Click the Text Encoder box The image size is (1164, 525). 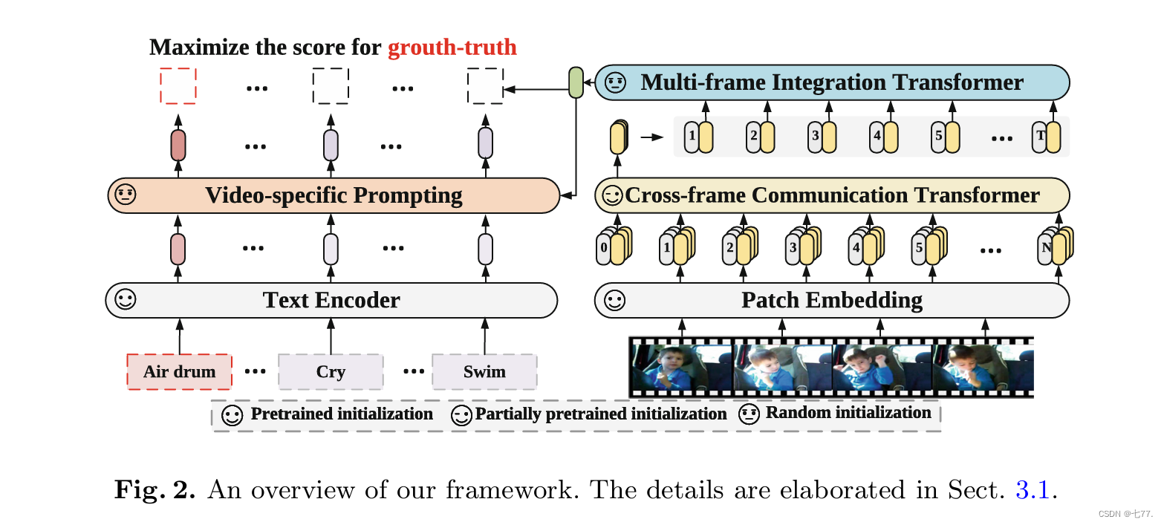pos(331,300)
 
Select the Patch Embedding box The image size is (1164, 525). pos(832,300)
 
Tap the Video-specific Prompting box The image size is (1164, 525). pos(334,195)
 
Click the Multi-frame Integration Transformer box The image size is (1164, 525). pos(832,82)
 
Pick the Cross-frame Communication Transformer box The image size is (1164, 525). pos(832,195)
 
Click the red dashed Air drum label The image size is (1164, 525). pos(180,371)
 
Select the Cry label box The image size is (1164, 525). pos(331,371)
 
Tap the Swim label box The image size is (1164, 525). pos(484,371)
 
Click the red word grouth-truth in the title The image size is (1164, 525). pos(452,48)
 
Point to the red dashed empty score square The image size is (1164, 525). pos(178,85)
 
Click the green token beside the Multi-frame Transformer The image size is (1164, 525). pos(576,82)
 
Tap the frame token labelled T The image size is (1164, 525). pos(1046,137)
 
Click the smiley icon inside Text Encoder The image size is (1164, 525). pos(126,300)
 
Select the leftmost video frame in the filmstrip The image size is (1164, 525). pos(682,367)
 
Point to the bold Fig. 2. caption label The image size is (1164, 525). pos(155,490)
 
